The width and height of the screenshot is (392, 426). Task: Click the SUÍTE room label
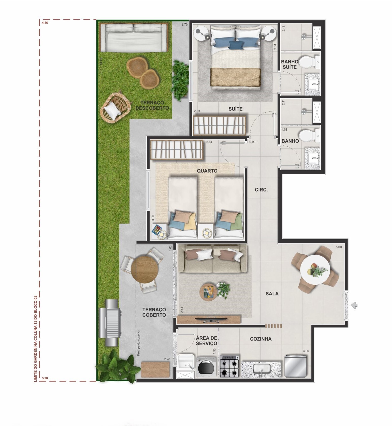[x=236, y=109]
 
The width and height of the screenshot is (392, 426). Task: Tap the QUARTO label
[x=207, y=171]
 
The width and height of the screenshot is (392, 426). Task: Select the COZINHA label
[x=261, y=339]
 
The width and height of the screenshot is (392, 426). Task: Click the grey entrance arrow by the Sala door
[x=354, y=305]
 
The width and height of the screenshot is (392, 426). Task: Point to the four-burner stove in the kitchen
[x=229, y=366]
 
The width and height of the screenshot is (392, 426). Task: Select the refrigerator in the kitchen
[x=295, y=366]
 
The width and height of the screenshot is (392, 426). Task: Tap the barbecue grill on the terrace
[x=111, y=322]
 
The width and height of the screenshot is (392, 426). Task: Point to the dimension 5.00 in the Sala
[x=338, y=247]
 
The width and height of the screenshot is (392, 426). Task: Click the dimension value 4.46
[x=45, y=23]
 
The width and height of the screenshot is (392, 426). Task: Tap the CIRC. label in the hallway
[x=261, y=190]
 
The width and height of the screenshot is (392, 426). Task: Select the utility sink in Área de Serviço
[x=186, y=362]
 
